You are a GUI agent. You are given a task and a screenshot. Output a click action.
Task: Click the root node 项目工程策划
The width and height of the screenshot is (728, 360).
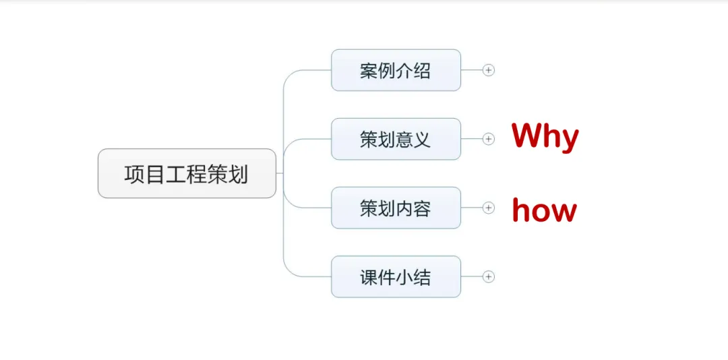[187, 174]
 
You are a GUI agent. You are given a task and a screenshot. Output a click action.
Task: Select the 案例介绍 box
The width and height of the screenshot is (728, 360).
[396, 70]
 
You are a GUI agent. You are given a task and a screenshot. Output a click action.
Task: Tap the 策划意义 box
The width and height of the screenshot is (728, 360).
[396, 140]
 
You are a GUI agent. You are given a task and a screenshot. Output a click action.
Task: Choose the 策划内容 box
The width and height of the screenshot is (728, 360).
[396, 208]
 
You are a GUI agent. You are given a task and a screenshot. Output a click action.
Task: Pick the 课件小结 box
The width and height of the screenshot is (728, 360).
[396, 277]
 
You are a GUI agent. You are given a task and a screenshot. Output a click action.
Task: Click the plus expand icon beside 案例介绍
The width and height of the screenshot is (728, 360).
[489, 70]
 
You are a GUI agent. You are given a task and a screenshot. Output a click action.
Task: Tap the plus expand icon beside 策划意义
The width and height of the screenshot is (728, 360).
[489, 139]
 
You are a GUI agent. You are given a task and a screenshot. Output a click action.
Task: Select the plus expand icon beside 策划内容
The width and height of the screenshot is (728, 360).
[489, 208]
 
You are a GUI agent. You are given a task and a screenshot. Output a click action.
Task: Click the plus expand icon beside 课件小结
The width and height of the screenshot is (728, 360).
[489, 276]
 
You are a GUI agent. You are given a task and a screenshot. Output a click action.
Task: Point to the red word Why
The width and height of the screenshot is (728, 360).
[545, 137]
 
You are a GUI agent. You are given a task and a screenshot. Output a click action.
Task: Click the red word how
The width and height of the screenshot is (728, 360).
[544, 210]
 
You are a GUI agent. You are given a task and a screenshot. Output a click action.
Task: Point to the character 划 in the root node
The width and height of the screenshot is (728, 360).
[238, 174]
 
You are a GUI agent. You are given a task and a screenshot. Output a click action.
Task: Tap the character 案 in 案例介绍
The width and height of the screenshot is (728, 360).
[369, 70]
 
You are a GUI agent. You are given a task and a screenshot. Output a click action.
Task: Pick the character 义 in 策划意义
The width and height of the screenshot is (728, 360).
[422, 140]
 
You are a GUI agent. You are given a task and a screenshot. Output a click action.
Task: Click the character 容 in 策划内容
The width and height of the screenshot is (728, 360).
[422, 208]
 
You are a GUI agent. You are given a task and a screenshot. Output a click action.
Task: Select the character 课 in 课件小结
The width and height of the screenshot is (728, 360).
[369, 277]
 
